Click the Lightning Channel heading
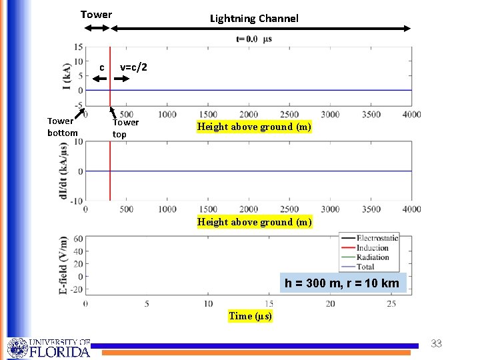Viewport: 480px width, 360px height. [254, 19]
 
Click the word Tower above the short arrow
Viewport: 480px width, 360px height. [96, 14]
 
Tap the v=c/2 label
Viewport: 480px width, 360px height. [133, 67]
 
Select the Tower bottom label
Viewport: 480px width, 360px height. [62, 127]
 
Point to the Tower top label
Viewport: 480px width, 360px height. [125, 128]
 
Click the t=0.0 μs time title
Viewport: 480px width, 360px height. [254, 39]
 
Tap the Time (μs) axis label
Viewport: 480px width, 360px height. [250, 316]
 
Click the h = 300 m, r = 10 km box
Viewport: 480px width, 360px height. [342, 283]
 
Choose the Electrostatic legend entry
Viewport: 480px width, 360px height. [377, 238]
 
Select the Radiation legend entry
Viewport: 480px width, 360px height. [373, 257]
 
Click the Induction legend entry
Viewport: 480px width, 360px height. [373, 247]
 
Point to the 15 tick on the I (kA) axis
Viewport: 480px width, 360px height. [79, 47]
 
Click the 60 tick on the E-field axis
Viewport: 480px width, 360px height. [78, 239]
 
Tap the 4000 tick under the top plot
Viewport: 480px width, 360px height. [411, 115]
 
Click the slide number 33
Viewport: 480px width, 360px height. [436, 344]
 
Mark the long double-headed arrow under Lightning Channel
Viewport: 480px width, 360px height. [261, 28]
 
